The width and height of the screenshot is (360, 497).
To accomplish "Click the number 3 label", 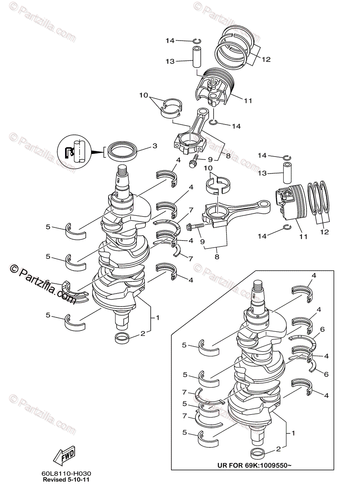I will [x=155, y=146].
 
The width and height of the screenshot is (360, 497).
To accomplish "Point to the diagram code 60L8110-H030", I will [x=66, y=473].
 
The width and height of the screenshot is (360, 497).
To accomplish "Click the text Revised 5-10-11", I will [x=66, y=480].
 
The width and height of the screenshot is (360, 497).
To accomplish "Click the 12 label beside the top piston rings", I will [x=266, y=59].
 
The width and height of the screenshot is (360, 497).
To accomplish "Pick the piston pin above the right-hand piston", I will [x=288, y=172].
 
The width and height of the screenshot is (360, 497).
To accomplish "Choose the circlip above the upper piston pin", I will [x=197, y=40].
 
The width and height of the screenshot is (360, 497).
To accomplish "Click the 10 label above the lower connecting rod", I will [x=208, y=168].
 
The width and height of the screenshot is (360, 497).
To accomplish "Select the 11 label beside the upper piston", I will [x=248, y=100].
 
